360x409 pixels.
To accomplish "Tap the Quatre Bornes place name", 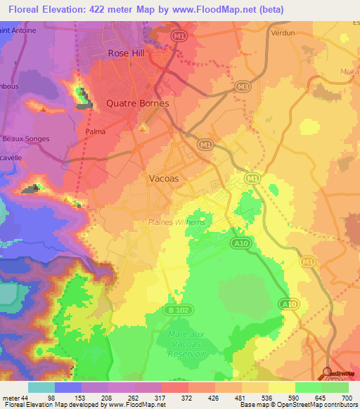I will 137,103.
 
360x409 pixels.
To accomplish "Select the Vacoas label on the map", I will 164,178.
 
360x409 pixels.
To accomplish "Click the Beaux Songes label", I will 25,138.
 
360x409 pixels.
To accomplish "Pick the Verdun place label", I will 282,32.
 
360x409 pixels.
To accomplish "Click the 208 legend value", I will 122,398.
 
